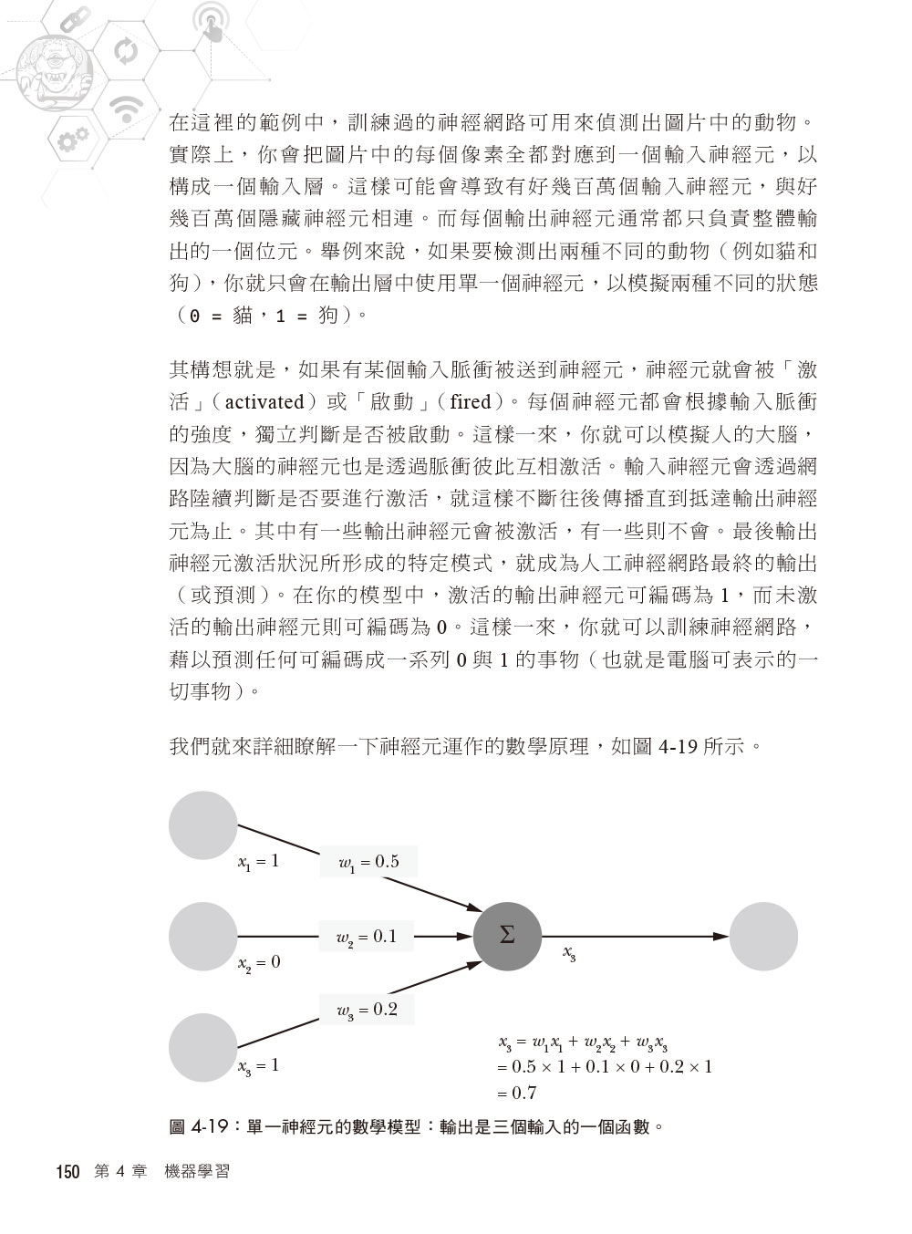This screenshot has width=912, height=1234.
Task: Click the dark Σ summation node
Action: click(x=507, y=936)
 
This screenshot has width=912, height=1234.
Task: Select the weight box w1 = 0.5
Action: click(x=368, y=862)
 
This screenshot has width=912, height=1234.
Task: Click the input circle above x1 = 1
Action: click(x=203, y=825)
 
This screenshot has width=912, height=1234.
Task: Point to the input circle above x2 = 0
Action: click(x=203, y=936)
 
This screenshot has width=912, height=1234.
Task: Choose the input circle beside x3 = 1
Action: click(x=203, y=1047)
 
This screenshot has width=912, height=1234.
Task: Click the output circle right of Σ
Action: click(x=764, y=936)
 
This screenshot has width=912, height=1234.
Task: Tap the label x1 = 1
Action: click(x=258, y=861)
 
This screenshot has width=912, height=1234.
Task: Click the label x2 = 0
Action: click(x=259, y=962)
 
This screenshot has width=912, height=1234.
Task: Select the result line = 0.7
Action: click(x=517, y=1093)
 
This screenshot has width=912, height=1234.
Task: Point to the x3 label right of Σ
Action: click(x=568, y=954)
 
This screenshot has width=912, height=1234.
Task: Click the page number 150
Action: click(x=68, y=1172)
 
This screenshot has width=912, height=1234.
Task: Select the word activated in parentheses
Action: click(x=264, y=401)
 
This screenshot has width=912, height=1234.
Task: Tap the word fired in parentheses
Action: click(x=471, y=401)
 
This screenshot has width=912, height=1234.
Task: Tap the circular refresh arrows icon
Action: click(x=122, y=49)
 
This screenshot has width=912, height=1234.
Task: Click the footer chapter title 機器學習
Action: click(x=197, y=1172)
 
